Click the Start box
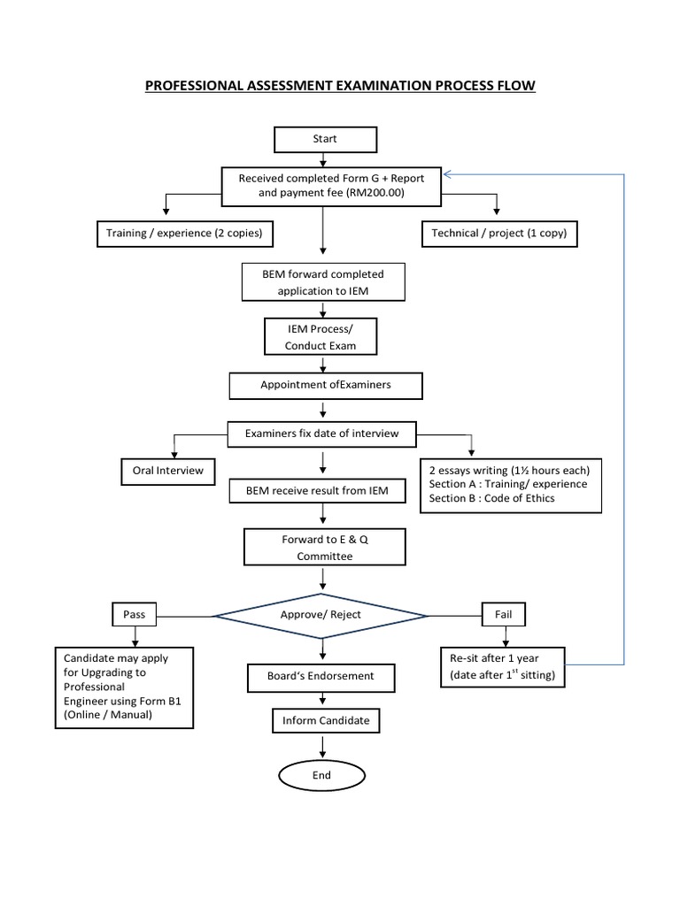(x=325, y=139)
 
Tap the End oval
(x=321, y=775)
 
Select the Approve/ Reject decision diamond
(x=320, y=614)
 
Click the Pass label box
(x=135, y=613)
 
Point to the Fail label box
(x=504, y=613)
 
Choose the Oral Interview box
(x=167, y=471)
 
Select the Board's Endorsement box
(x=321, y=676)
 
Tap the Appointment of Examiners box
(x=325, y=385)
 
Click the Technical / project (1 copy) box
(x=498, y=234)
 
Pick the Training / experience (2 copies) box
(x=184, y=234)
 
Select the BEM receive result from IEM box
(x=321, y=489)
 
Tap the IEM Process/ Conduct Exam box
(x=320, y=337)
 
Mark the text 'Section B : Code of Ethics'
(x=492, y=498)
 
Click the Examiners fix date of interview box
(x=322, y=434)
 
